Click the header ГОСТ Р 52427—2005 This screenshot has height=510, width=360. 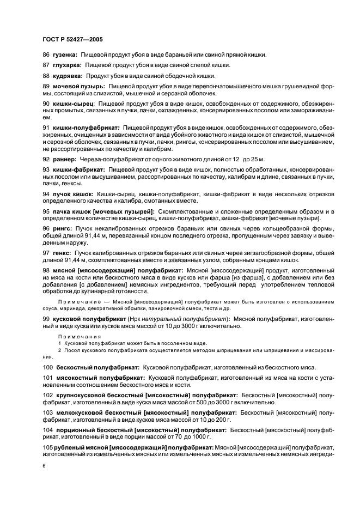(72, 40)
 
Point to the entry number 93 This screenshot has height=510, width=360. (46, 169)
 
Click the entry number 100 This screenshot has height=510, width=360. (48, 368)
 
